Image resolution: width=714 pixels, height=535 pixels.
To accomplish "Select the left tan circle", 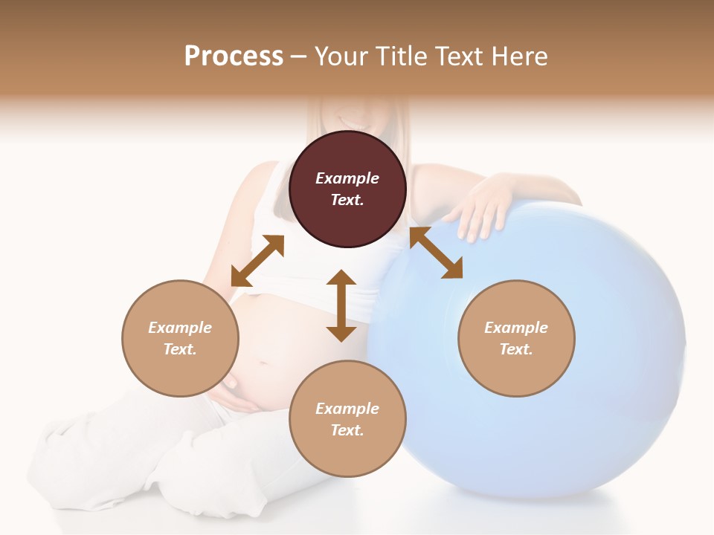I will [180, 338].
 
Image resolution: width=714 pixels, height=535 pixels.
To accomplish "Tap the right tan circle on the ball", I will [516, 338].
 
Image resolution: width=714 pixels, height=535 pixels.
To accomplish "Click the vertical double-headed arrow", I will [341, 305].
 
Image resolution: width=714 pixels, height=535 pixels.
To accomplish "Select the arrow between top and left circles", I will [257, 261].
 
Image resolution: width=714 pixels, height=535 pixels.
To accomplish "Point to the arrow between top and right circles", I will [436, 253].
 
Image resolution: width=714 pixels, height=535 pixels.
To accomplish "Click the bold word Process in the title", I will [234, 56].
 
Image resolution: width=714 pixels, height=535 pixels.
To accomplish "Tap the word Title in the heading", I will [402, 56].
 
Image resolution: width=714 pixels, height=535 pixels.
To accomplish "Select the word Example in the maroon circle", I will [347, 178].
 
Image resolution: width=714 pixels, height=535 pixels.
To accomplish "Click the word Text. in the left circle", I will [180, 349].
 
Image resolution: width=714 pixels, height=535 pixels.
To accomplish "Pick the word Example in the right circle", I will [516, 328].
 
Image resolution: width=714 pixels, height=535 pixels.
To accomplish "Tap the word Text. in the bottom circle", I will [347, 430].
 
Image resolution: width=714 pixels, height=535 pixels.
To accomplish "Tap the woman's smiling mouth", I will [348, 119].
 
